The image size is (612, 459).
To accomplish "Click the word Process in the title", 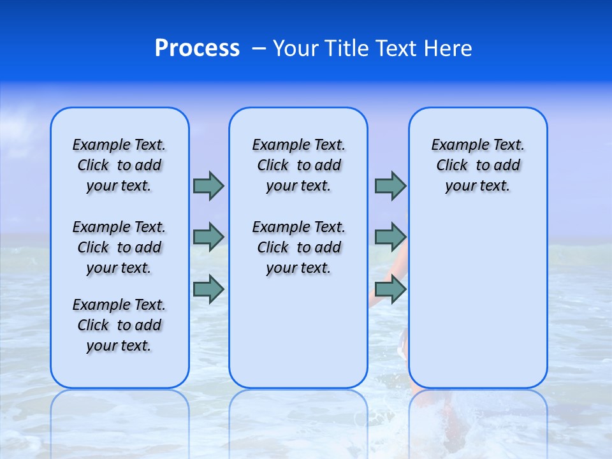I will point(197,48).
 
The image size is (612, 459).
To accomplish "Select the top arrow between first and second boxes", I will point(208,186).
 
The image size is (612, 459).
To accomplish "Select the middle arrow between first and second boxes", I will point(208,237).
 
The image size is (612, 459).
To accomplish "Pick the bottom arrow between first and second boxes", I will point(208,289).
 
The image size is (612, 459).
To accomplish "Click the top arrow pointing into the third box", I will point(390,186).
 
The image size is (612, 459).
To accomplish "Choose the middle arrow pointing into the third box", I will point(390,237).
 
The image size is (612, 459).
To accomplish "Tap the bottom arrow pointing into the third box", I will point(390,289).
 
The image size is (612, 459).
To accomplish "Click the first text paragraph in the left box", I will point(119,165).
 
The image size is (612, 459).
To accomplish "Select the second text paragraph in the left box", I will point(119,247).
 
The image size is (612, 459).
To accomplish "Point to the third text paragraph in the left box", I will point(119,325).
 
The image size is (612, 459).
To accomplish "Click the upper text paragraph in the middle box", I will point(298,165).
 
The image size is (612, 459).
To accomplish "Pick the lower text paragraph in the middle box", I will point(298,247).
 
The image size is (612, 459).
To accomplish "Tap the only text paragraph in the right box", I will point(477,165).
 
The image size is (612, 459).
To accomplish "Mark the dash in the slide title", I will point(259,48).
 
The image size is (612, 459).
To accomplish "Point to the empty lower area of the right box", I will point(477,300).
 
